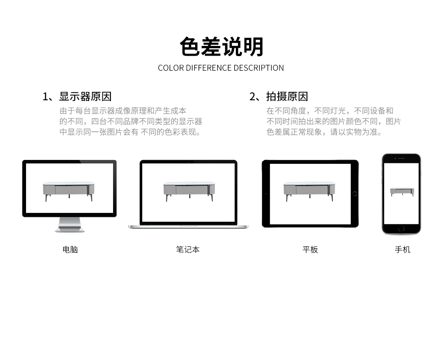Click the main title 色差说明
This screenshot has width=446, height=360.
pyautogui.click(x=222, y=47)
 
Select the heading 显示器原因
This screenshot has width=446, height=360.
pyautogui.click(x=85, y=97)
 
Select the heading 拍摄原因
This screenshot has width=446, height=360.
pyautogui.click(x=287, y=97)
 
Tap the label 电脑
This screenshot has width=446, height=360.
pyautogui.click(x=70, y=250)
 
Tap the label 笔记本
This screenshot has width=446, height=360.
pyautogui.click(x=188, y=250)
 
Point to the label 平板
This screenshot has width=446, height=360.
pyautogui.click(x=310, y=250)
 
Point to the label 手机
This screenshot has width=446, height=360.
pyautogui.click(x=402, y=250)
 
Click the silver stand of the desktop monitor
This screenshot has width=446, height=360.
pyautogui.click(x=70, y=224)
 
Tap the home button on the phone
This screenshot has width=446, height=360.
pyautogui.click(x=401, y=228)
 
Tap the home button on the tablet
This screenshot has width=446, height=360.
pyautogui.click(x=355, y=194)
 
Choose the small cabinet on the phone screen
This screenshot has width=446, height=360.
pyautogui.click(x=402, y=192)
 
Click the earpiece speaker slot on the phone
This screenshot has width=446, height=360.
pyautogui.click(x=401, y=158)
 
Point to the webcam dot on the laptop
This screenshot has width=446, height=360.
pyautogui.click(x=188, y=162)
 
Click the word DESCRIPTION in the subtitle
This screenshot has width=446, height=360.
pyautogui.click(x=259, y=68)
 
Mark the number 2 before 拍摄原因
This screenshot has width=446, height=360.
pyautogui.click(x=252, y=97)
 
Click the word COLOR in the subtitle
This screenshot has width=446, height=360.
pyautogui.click(x=171, y=68)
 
